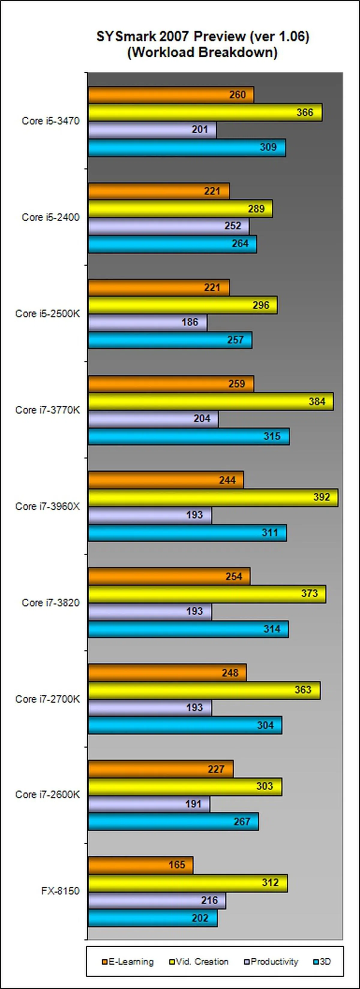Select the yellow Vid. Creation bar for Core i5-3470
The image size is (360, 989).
pos(205,112)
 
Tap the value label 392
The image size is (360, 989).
pos(321,497)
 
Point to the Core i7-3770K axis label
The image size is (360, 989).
pos(48,410)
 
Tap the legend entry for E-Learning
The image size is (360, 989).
pos(128,962)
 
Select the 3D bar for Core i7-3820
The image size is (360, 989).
pos(188,629)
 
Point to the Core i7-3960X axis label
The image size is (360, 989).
pos(48,507)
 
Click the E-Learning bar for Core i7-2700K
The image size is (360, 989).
pos(167,673)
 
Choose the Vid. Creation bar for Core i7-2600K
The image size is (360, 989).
pos(185,786)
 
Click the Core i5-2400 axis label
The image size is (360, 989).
pos(51,217)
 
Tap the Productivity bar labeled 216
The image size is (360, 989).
pos(157,900)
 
